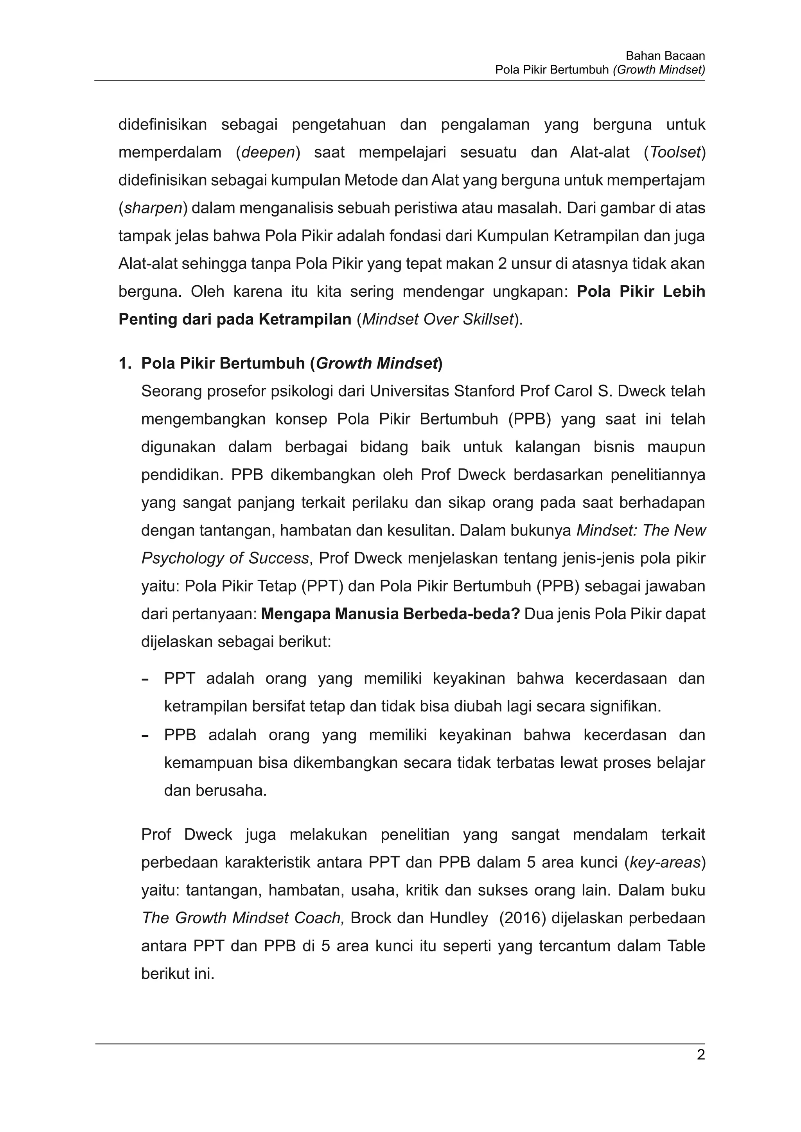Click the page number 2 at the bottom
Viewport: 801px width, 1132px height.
click(700, 1055)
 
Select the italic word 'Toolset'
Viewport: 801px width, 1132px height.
click(675, 152)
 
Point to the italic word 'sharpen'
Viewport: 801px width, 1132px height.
click(153, 208)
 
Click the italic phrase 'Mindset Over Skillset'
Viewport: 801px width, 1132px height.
click(438, 319)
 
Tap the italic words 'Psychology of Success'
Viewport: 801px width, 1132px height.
click(225, 559)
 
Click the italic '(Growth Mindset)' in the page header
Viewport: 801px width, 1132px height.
click(659, 70)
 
